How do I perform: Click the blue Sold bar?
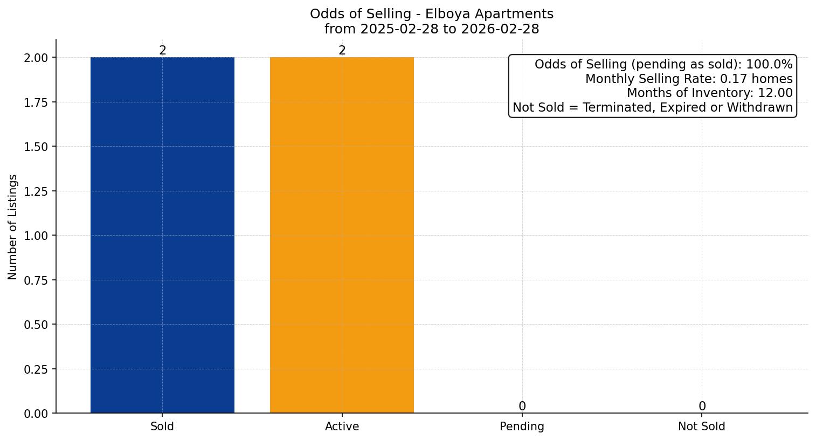pos(162,235)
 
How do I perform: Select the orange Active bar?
pos(342,235)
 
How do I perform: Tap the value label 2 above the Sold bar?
pos(162,51)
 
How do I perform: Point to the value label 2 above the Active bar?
pos(342,51)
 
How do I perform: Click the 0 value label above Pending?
pos(522,406)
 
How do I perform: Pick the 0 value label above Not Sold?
pos(702,406)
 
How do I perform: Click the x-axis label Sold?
pos(162,427)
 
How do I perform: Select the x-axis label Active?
pos(342,427)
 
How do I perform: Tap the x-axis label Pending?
pos(522,427)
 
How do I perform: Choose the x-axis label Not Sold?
pos(702,427)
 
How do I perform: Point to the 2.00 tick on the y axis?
pos(36,58)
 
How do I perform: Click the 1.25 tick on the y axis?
pos(36,191)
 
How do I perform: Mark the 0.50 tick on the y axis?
pos(36,325)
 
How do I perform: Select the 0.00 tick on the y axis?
pos(36,414)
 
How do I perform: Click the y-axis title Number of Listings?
pos(13,226)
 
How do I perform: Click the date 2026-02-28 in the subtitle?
pos(500,29)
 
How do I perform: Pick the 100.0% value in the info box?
pos(769,65)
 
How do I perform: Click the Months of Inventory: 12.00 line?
pos(709,93)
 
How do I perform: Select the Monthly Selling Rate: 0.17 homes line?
pos(689,79)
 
